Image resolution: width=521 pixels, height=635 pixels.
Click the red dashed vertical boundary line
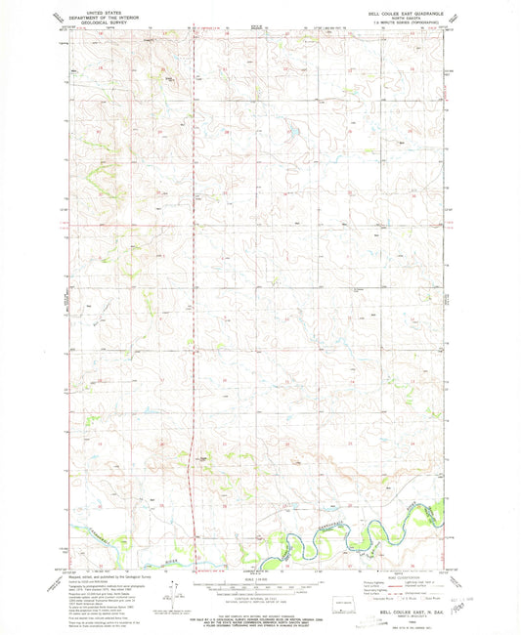[x=193, y=293]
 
